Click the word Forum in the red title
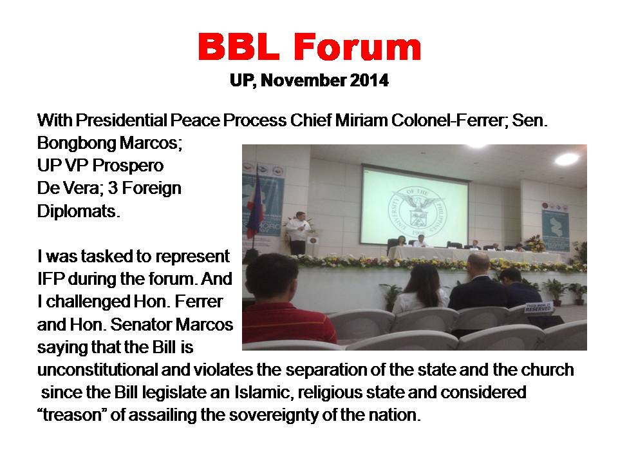[357, 46]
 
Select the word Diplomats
[79, 211]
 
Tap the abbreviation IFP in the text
[50, 279]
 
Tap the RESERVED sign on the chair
[538, 307]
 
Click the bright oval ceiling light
[566, 159]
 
